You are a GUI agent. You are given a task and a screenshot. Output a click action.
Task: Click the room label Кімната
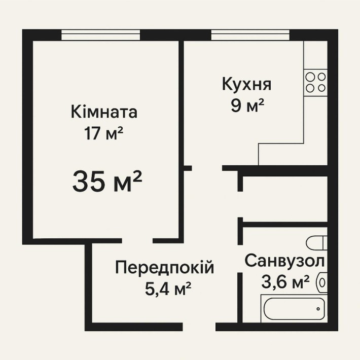coord(104,111)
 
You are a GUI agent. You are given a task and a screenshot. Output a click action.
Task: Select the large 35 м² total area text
coord(106,181)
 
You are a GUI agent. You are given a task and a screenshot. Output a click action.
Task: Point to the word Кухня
coord(246,84)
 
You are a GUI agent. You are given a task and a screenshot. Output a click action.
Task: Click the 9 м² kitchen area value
coord(246,106)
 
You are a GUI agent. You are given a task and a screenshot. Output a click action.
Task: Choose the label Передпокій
coord(164,267)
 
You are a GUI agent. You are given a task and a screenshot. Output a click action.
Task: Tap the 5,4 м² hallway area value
coord(167,290)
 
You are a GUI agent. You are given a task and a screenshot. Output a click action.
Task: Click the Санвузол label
coord(284,261)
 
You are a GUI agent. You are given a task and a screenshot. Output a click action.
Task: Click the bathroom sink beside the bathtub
coord(322,281)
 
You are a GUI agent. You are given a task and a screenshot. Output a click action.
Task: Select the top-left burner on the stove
coord(310,77)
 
